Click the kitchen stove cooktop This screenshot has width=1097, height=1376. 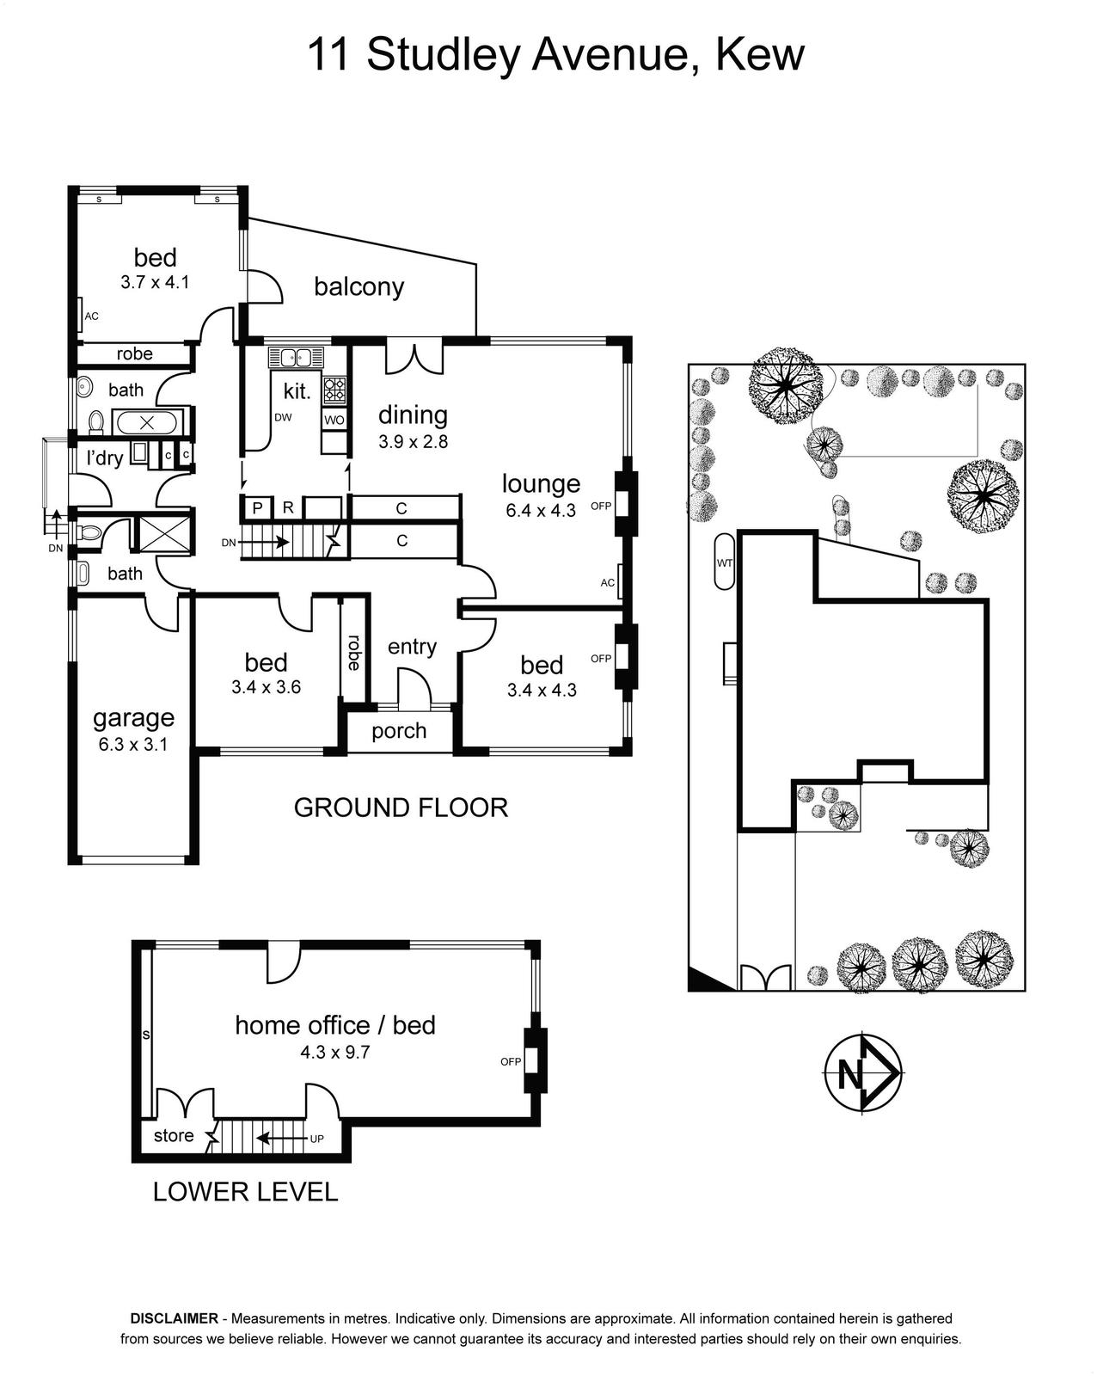(x=334, y=390)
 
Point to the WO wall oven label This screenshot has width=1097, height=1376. (x=334, y=420)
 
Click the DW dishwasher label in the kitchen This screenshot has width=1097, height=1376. (x=283, y=418)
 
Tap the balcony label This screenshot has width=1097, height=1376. (x=359, y=286)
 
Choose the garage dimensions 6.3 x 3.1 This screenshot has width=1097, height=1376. (x=133, y=744)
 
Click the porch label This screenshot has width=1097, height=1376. (x=399, y=731)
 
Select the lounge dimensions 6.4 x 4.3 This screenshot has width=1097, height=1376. (x=541, y=510)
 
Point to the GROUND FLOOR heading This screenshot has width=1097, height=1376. (x=401, y=808)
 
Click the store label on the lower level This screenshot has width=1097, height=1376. (x=174, y=1135)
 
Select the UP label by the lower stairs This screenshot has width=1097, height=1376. (x=317, y=1139)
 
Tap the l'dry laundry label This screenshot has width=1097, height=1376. (x=104, y=458)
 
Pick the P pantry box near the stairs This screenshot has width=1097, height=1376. (x=258, y=507)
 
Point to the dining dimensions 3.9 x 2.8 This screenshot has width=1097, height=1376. (x=413, y=441)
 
